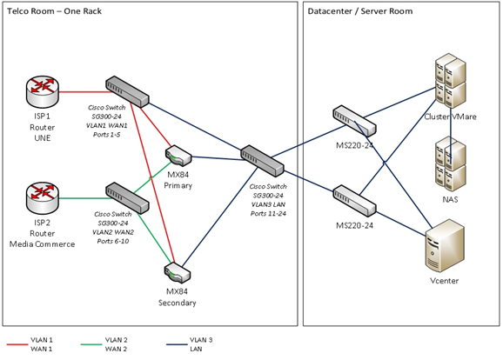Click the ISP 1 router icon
coord(43,91)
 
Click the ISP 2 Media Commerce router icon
coord(43,198)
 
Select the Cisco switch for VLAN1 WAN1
coord(127,91)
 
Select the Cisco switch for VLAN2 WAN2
coord(127,198)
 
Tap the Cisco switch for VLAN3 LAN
coord(262,161)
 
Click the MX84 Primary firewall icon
coord(178,156)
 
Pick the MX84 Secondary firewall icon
coord(178,273)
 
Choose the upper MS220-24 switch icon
coord(354,121)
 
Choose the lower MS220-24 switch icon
coord(354,201)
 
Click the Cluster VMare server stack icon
coord(451,81)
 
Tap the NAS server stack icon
coord(451,164)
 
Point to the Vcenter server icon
coord(445,246)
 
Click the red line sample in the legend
coord(17,344)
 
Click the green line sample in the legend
coord(91,344)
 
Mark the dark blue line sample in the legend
coord(177,344)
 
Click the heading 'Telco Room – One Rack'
coord(54,11)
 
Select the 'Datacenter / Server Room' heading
coord(360,11)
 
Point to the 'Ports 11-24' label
coord(268,214)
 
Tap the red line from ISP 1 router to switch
coord(85,92)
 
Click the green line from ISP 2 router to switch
coord(85,198)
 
